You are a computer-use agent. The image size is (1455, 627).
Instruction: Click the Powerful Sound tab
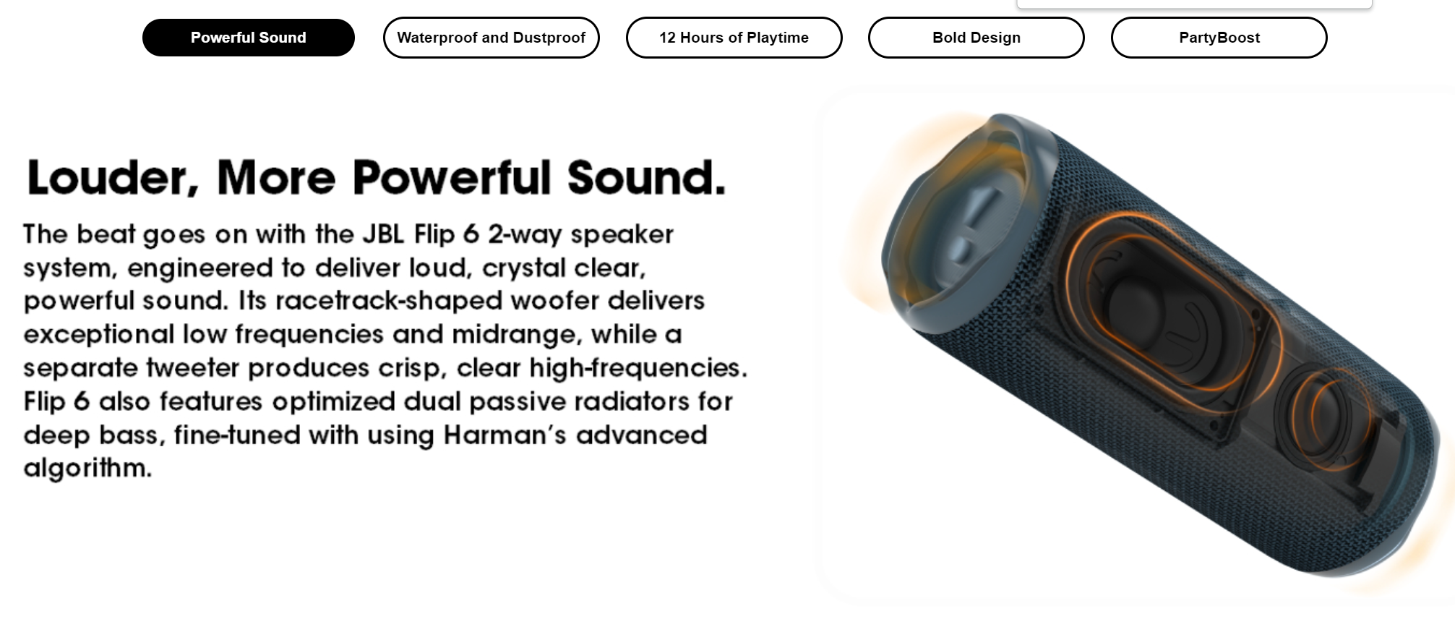(x=248, y=38)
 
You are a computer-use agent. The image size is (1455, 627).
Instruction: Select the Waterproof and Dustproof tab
(x=491, y=38)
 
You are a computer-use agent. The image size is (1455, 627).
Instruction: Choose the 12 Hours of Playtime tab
(x=734, y=38)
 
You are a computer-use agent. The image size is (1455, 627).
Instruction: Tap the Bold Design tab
(x=976, y=38)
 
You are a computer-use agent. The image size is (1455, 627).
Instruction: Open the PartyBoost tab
(x=1219, y=38)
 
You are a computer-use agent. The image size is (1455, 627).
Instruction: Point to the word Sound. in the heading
(x=646, y=178)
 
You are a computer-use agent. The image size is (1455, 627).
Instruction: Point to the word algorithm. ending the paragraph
(x=87, y=469)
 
